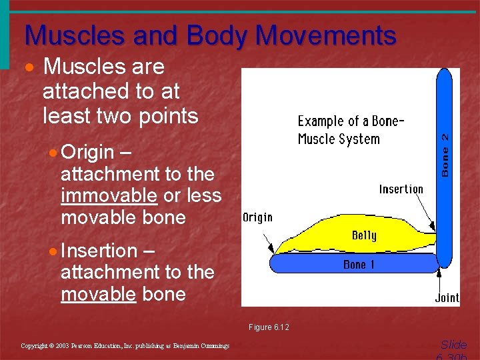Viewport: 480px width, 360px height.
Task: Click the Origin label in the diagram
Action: pyautogui.click(x=257, y=218)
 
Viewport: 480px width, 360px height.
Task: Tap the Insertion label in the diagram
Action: pyautogui.click(x=401, y=189)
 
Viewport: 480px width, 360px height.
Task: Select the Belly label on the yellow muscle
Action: pyautogui.click(x=364, y=235)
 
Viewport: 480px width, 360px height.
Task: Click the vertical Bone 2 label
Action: pyautogui.click(x=445, y=153)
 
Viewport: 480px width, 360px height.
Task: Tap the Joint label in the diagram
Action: pyautogui.click(x=447, y=297)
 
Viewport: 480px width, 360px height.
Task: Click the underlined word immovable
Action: pyautogui.click(x=109, y=196)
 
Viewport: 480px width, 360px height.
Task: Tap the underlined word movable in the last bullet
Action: pyautogui.click(x=98, y=294)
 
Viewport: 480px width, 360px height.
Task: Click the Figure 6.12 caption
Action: pyautogui.click(x=269, y=327)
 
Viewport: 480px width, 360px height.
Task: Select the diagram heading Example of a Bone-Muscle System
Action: pyautogui.click(x=351, y=130)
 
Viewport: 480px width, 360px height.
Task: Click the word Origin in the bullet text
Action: pyautogui.click(x=87, y=153)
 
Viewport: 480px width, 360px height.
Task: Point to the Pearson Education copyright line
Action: pyautogui.click(x=125, y=345)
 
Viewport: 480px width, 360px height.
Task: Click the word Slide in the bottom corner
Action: pyautogui.click(x=453, y=345)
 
